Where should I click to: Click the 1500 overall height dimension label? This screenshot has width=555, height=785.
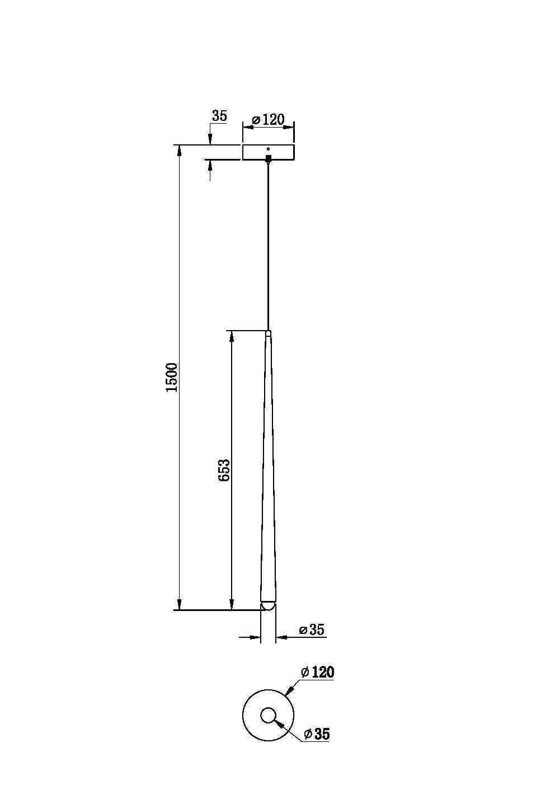[x=172, y=377]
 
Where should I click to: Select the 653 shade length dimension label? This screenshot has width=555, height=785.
[x=224, y=470]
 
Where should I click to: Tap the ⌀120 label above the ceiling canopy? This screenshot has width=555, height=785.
[x=269, y=120]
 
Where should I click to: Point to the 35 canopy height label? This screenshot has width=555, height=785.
[x=219, y=116]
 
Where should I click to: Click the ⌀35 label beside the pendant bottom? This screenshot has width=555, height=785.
[x=312, y=630]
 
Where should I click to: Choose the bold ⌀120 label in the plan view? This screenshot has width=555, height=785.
[x=317, y=672]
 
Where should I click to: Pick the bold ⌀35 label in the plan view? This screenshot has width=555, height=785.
[x=317, y=734]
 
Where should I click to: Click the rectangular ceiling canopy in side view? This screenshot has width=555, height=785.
[x=269, y=152]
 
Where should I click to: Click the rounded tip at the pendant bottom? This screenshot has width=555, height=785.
[x=268, y=606]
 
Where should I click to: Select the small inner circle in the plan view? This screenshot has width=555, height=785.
[x=268, y=715]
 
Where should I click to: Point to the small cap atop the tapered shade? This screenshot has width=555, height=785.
[x=269, y=333]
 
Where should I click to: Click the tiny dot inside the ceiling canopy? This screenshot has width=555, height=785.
[x=269, y=149]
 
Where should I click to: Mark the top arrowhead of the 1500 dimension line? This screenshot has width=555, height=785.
[x=179, y=150]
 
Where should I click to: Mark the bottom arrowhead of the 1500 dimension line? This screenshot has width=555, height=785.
[x=179, y=605]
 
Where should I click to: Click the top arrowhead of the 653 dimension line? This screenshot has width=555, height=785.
[x=231, y=335]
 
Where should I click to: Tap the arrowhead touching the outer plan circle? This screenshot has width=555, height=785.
[x=289, y=692]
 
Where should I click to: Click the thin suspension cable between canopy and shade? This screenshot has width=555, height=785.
[x=269, y=246]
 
